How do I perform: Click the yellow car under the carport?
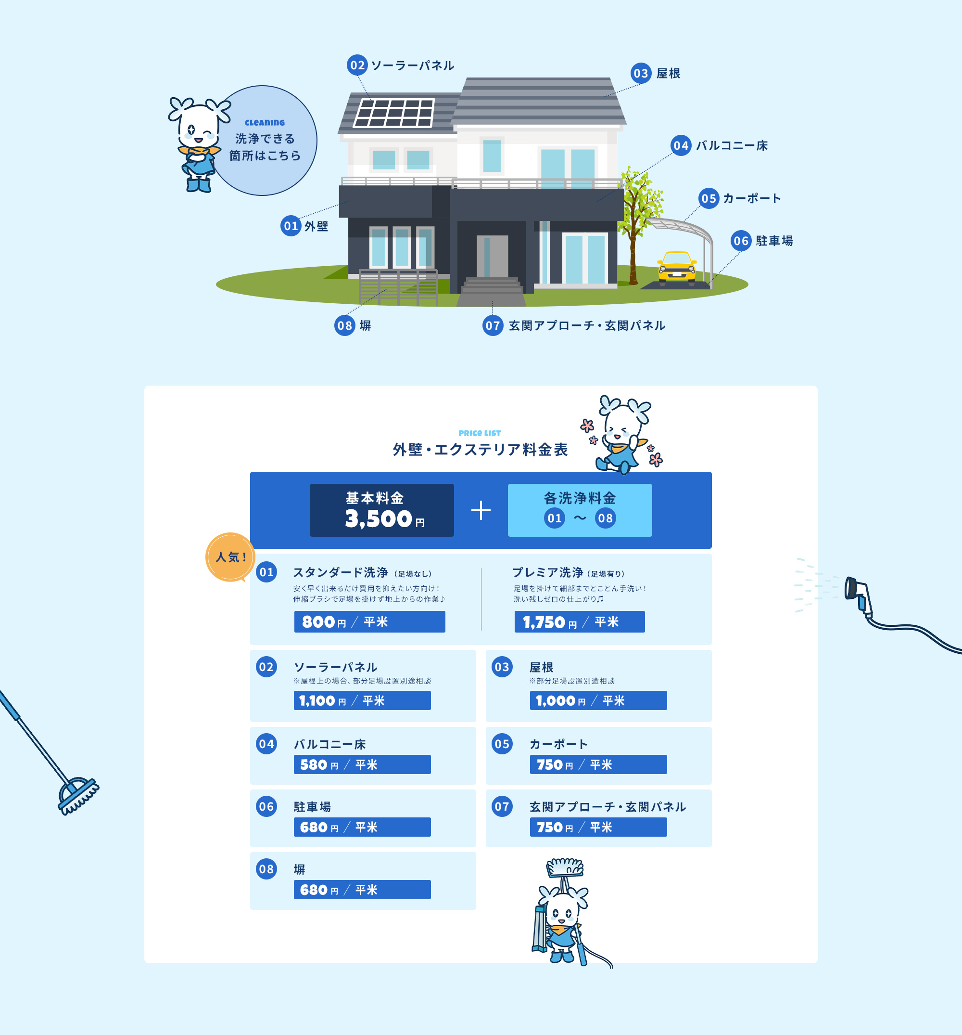[x=676, y=268]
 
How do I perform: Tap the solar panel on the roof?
[x=393, y=113]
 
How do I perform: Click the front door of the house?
[x=492, y=256]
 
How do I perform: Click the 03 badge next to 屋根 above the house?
[x=641, y=73]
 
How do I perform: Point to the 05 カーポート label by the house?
[x=739, y=198]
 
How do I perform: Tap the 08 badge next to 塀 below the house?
[x=344, y=325]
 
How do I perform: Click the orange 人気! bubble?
[x=230, y=557]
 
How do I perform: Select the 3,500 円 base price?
[x=384, y=519]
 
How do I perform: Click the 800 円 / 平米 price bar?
[x=369, y=621]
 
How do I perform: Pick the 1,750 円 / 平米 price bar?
[x=580, y=621]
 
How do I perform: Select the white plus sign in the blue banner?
[x=481, y=510]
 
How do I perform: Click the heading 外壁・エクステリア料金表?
[x=480, y=449]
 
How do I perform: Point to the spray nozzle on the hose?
[x=858, y=594]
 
